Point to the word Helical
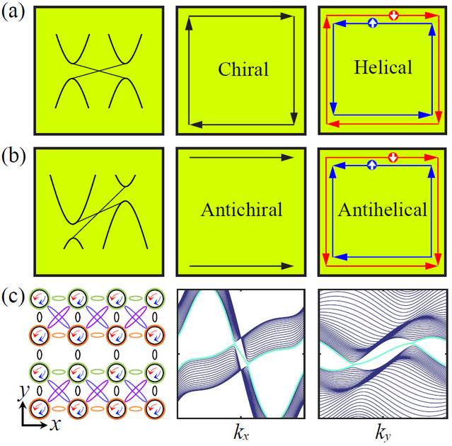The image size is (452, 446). tap(383, 67)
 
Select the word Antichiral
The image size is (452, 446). tap(241, 210)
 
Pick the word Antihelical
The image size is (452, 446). tap(383, 210)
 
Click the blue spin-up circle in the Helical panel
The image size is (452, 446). tap(373, 23)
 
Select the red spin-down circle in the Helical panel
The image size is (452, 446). tap(394, 14)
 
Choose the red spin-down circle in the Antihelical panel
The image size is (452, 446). tap(394, 156)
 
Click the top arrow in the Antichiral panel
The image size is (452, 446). tap(241, 156)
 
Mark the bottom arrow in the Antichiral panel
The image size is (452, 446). tap(241, 265)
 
